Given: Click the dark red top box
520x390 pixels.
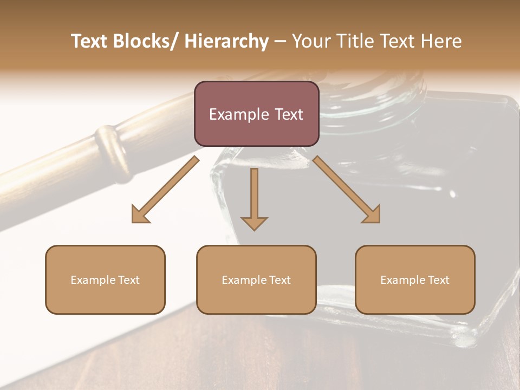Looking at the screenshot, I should (256, 114).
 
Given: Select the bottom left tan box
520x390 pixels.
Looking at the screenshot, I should (105, 279).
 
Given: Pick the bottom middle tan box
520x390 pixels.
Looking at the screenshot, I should (256, 279).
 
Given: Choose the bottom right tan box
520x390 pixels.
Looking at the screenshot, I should (415, 279).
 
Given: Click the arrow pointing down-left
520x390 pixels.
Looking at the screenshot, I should (165, 190).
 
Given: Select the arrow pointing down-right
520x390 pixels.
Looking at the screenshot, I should (347, 190).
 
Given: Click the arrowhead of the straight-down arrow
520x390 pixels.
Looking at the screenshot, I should (254, 223).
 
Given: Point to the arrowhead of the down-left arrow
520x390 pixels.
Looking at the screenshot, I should (139, 216).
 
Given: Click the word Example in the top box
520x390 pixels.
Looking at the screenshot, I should (238, 114).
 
